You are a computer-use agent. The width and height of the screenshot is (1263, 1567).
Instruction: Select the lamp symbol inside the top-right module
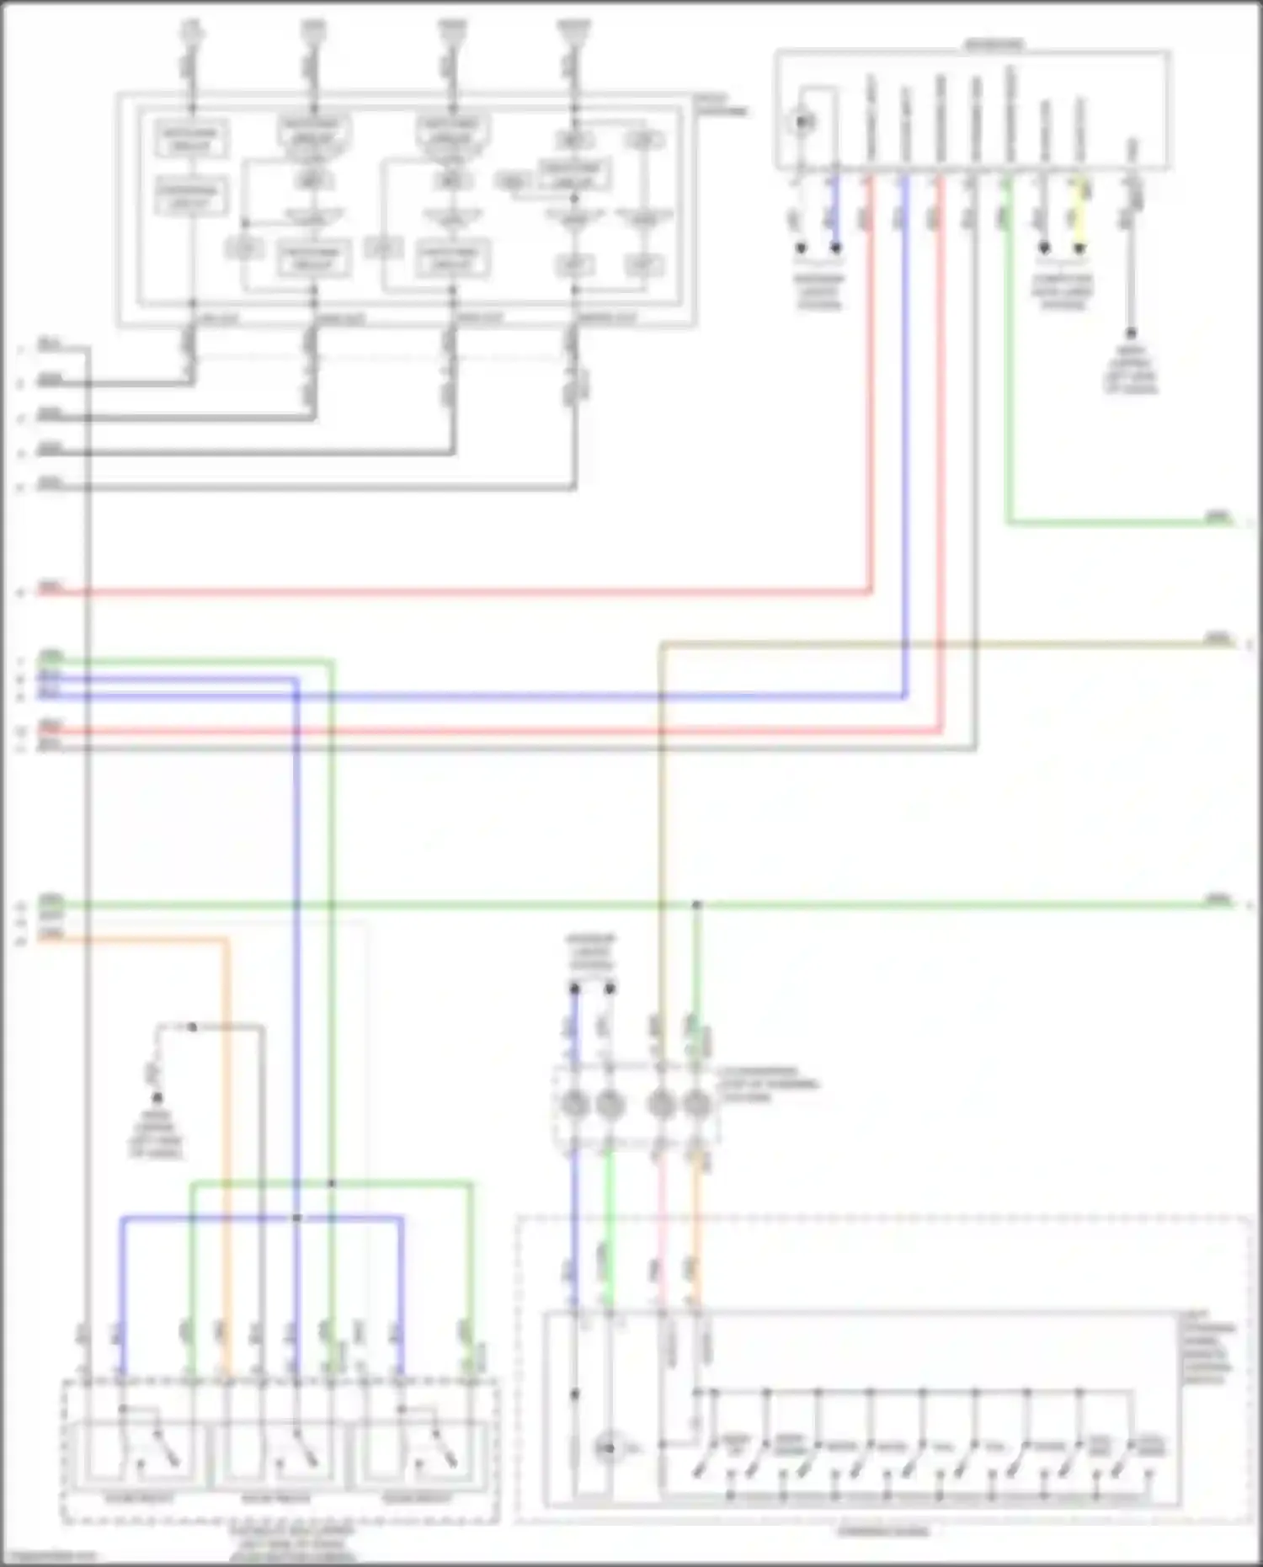click(x=802, y=123)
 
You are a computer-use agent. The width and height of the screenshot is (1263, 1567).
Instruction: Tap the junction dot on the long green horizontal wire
click(x=696, y=905)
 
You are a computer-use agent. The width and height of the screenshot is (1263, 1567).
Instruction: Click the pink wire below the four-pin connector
click(x=661, y=1221)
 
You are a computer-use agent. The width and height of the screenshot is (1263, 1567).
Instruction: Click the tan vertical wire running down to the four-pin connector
click(x=661, y=842)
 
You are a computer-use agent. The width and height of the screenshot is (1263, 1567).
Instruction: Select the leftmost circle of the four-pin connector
click(x=575, y=1102)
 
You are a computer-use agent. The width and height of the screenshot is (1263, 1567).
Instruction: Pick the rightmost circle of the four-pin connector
click(x=696, y=1102)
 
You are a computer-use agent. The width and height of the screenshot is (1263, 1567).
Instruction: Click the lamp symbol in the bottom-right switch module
click(x=608, y=1448)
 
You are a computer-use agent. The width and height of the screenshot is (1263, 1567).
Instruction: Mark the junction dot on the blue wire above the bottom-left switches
click(x=296, y=1218)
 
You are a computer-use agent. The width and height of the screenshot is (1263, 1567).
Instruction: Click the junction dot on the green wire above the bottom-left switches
click(x=331, y=1183)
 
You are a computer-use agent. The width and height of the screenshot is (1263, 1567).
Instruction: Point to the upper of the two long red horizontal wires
click(x=455, y=592)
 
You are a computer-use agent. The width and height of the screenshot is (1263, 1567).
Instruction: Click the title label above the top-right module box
click(x=994, y=44)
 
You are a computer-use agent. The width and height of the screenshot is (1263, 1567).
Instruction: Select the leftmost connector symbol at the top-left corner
click(x=192, y=34)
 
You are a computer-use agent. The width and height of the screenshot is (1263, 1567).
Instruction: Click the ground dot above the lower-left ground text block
click(x=157, y=1098)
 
